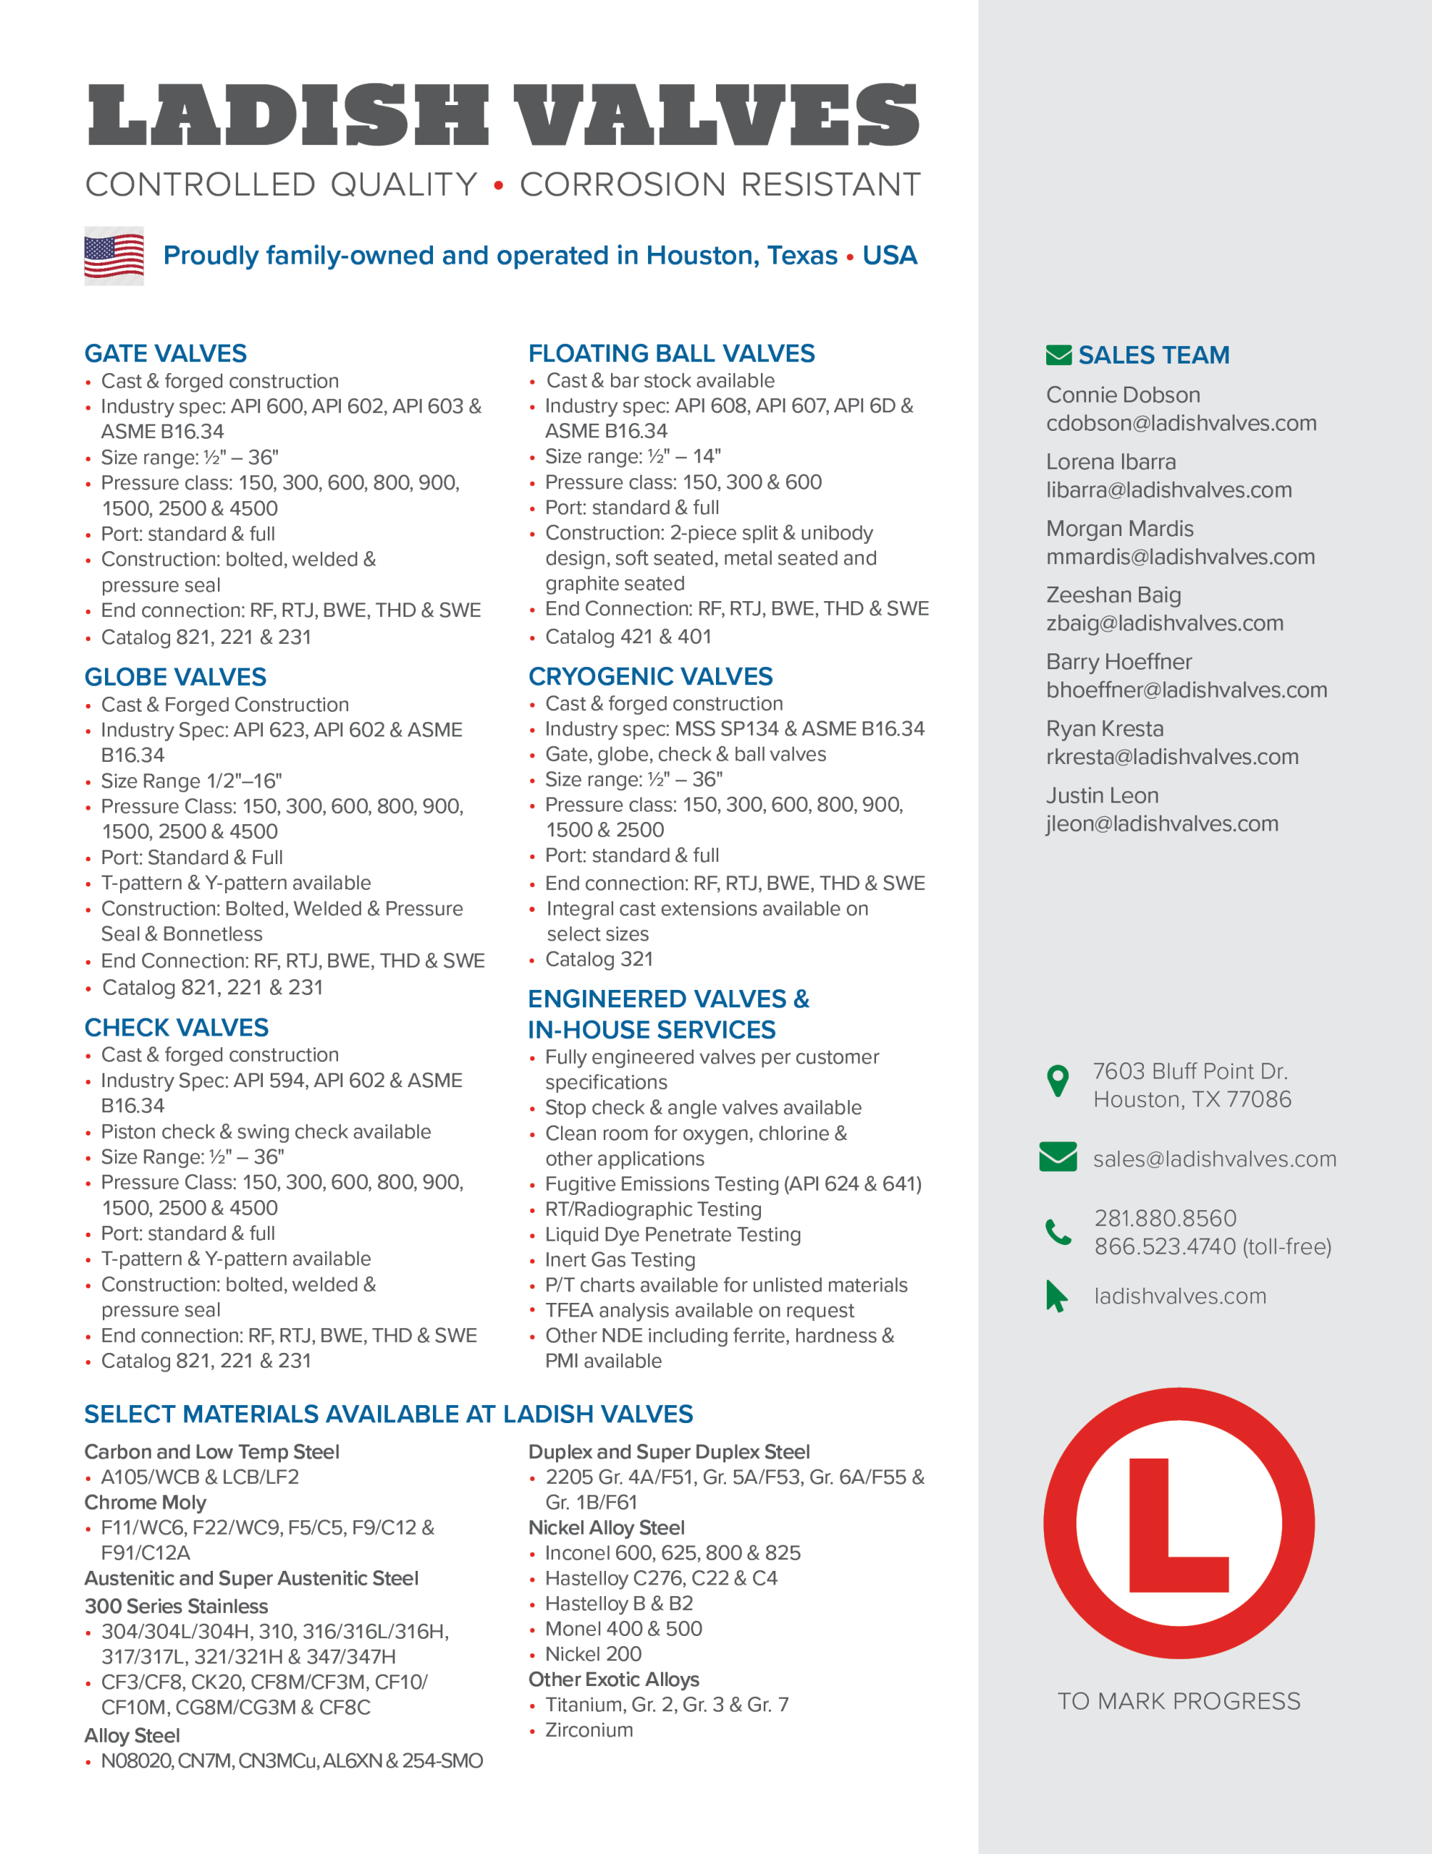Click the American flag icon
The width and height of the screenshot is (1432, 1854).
pyautogui.click(x=114, y=256)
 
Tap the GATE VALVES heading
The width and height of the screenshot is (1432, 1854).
pyautogui.click(x=166, y=353)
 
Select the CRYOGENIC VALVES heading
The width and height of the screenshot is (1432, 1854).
pyautogui.click(x=650, y=676)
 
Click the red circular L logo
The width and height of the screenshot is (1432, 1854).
pyautogui.click(x=1179, y=1523)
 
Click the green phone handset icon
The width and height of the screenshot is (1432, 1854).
pyautogui.click(x=1058, y=1231)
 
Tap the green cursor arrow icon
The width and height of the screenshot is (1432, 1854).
pyautogui.click(x=1056, y=1296)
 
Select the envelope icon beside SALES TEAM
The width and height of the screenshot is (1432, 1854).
pyautogui.click(x=1058, y=355)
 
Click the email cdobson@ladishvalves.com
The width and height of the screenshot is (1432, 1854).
pyautogui.click(x=1181, y=423)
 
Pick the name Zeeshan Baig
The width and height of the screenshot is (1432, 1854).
pyautogui.click(x=1113, y=595)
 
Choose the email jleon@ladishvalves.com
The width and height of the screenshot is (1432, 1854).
pyautogui.click(x=1161, y=823)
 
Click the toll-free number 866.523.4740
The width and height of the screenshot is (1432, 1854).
pyautogui.click(x=1165, y=1246)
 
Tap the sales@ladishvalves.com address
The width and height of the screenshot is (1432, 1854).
pyautogui.click(x=1214, y=1159)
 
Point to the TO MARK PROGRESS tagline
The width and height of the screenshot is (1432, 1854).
pyautogui.click(x=1178, y=1701)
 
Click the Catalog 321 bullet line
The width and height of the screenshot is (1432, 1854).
pyautogui.click(x=599, y=960)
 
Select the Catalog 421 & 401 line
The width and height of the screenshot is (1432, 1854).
pyautogui.click(x=627, y=637)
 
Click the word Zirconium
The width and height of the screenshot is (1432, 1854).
pyautogui.click(x=589, y=1730)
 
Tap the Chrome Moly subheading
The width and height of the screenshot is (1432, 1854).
pyautogui.click(x=145, y=1503)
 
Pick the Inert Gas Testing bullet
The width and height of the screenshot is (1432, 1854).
pyautogui.click(x=620, y=1259)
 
